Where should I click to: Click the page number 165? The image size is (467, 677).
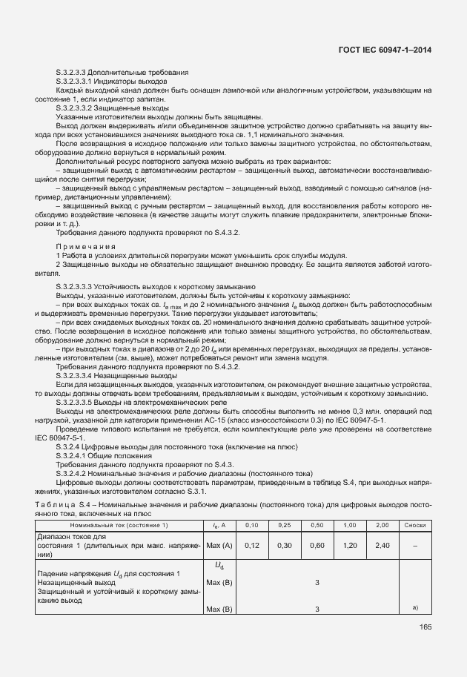424,627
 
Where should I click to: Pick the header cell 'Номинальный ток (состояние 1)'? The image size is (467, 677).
119,525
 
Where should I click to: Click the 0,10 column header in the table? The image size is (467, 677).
252,525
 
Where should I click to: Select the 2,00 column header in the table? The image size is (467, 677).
382,525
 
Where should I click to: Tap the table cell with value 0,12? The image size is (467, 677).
252,545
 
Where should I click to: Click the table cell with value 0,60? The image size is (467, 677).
317,545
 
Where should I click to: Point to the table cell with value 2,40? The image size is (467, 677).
382,545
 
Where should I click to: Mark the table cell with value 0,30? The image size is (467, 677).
285,545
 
